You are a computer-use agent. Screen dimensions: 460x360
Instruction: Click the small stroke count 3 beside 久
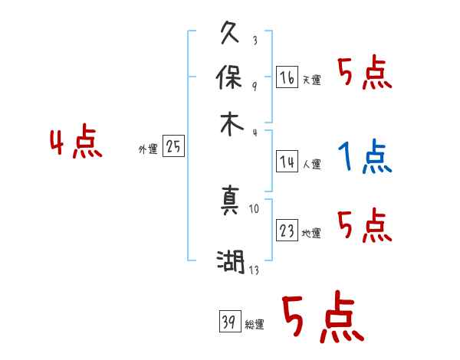[254, 41]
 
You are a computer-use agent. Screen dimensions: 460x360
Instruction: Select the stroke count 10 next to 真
[255, 208]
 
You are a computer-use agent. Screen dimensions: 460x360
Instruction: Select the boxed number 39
[228, 322]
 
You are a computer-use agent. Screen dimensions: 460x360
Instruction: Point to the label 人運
[312, 164]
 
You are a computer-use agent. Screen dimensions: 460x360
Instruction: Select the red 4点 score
[76, 143]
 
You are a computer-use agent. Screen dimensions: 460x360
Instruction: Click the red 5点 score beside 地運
[364, 225]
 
